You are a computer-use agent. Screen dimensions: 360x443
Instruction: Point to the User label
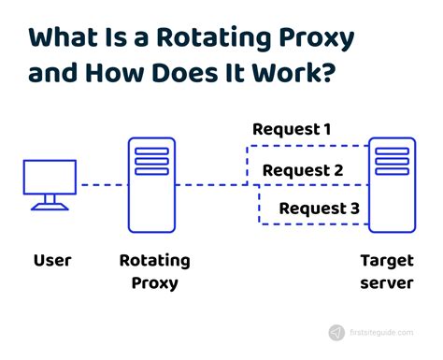(x=52, y=260)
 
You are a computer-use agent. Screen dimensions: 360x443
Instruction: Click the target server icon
(x=391, y=184)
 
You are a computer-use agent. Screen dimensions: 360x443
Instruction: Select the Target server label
(x=390, y=271)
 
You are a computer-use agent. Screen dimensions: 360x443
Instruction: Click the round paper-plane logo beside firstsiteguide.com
(x=336, y=332)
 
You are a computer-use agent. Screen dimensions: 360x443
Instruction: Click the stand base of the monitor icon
(x=51, y=206)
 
